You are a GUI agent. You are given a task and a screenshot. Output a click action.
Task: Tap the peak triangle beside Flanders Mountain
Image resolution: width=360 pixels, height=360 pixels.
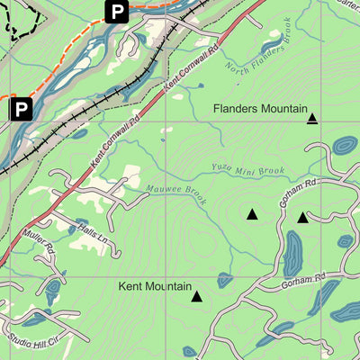pyautogui.click(x=312, y=118)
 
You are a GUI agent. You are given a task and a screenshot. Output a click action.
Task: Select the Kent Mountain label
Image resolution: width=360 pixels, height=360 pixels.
pyautogui.click(x=155, y=288)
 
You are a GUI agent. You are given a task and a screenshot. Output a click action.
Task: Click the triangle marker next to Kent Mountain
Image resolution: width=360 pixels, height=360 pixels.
pyautogui.click(x=196, y=295)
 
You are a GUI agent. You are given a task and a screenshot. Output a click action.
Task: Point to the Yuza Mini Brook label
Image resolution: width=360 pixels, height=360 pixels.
pyautogui.click(x=247, y=169)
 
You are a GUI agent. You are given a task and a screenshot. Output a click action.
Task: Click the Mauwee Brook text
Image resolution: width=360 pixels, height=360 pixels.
pyautogui.click(x=176, y=193)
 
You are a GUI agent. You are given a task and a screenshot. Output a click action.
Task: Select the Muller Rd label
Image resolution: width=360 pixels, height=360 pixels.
pyautogui.click(x=38, y=239)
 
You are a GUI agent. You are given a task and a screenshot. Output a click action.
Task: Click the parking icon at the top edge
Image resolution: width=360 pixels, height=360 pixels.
pyautogui.click(x=116, y=12)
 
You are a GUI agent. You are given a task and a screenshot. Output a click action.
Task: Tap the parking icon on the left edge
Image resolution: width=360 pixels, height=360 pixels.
pyautogui.click(x=21, y=110)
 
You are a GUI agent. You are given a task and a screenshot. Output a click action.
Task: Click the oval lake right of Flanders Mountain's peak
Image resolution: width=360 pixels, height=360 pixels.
pyautogui.click(x=344, y=145)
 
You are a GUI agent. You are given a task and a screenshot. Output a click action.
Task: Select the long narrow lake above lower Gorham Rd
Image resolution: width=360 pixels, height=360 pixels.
pyautogui.click(x=293, y=254)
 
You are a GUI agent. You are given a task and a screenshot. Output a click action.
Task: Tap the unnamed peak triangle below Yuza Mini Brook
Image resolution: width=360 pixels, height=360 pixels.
pyautogui.click(x=252, y=214)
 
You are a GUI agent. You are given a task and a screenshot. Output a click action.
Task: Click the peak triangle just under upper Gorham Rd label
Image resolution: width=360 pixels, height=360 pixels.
pyautogui.click(x=302, y=217)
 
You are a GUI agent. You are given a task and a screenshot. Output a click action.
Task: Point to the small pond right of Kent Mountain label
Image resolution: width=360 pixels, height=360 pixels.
pyautogui.click(x=225, y=280)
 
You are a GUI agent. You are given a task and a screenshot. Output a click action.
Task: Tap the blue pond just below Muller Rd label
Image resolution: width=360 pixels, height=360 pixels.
pyautogui.click(x=52, y=290)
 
